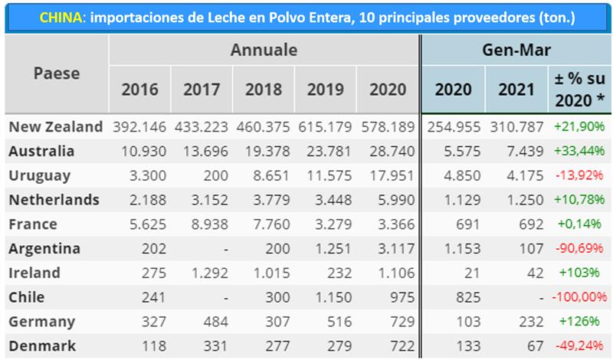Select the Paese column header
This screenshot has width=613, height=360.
pos(56,74)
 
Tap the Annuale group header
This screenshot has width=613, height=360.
pos(264,51)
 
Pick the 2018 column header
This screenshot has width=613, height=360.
pos(263,89)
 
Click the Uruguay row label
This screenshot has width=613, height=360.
pos(40,175)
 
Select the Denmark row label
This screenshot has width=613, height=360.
pos(41,345)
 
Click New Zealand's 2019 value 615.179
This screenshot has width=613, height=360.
pos(326,126)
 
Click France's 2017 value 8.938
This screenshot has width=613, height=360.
pos(202,224)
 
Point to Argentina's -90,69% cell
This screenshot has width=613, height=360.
pos(579,248)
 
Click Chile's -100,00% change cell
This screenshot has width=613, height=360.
pos(576,296)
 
